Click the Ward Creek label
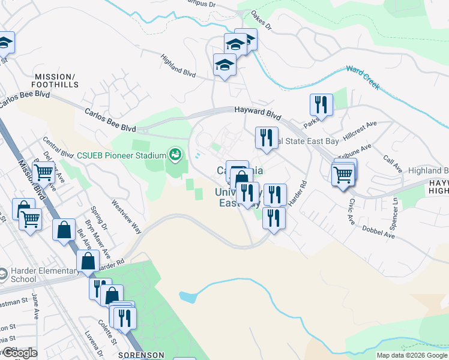[363, 77]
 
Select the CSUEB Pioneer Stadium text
[121, 155]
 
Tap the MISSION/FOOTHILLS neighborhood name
[55, 80]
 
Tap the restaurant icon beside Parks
[321, 105]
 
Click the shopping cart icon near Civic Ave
[343, 175]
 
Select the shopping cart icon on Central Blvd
[43, 173]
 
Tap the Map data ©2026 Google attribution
[412, 355]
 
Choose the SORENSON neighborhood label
[141, 355]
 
